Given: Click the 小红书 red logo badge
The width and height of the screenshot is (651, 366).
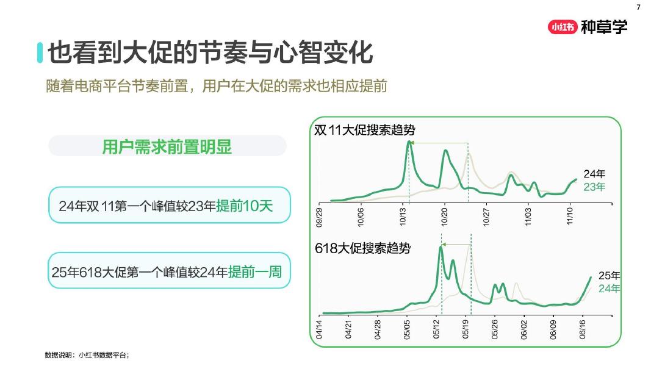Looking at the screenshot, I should [x=562, y=27].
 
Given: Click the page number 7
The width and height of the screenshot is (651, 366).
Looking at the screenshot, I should [x=639, y=7].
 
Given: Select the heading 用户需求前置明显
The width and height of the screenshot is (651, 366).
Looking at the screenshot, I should [x=167, y=146].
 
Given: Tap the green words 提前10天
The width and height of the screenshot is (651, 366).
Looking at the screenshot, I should [x=244, y=206].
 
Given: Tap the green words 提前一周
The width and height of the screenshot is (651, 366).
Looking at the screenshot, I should [x=255, y=272].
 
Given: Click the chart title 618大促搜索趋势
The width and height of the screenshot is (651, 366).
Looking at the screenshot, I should [x=362, y=248].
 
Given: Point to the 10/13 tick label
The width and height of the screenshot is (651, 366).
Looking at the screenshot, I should [x=403, y=217].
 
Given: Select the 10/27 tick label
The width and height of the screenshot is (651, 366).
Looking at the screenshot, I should [x=486, y=217].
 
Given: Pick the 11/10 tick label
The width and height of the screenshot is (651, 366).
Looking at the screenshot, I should [x=570, y=217].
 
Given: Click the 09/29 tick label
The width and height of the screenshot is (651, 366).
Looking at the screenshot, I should [x=320, y=217].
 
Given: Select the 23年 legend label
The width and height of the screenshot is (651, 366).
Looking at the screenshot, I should [x=594, y=187].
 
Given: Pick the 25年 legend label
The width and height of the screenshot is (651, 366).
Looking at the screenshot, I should [x=609, y=275].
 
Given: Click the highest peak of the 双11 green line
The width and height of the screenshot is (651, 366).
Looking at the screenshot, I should [x=409, y=142].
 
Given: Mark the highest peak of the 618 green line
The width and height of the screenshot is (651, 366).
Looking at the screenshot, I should [x=441, y=247].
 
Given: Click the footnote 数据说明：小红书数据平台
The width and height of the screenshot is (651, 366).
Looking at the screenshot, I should [x=87, y=354].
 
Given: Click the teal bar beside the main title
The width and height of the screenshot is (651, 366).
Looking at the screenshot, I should [x=40, y=52].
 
